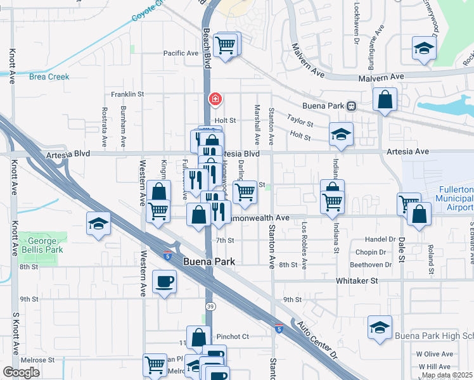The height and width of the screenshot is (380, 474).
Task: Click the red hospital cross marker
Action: (x=215, y=99)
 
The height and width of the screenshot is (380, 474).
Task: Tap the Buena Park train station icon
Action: (x=350, y=106)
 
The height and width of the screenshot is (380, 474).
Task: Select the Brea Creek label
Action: (x=49, y=77)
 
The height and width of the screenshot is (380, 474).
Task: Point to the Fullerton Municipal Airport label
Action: (x=456, y=198)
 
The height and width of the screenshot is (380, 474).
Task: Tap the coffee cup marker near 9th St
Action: (x=165, y=281)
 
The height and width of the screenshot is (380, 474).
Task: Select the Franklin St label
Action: (x=127, y=94)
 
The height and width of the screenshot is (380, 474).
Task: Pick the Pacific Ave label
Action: (x=181, y=54)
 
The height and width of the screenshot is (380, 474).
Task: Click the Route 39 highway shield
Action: (x=209, y=306)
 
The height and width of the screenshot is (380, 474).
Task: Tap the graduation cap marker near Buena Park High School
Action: (x=380, y=328)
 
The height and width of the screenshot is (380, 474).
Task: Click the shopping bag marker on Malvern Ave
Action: (x=385, y=99)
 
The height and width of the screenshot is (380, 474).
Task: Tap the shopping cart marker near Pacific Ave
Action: (x=225, y=45)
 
